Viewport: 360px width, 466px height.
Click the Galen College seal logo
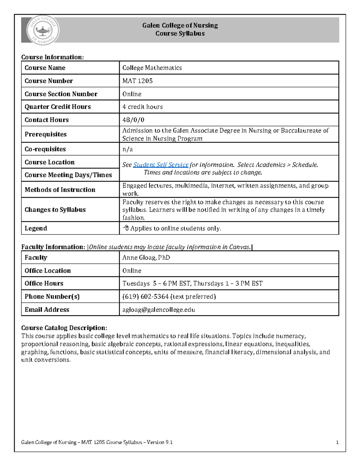click(43, 30)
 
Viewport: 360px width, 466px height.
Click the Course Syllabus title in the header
click(180, 34)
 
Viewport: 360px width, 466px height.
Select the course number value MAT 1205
click(137, 81)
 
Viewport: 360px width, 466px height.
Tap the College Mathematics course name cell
click(152, 68)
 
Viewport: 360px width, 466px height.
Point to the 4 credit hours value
click(142, 107)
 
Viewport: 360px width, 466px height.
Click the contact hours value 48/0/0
click(133, 120)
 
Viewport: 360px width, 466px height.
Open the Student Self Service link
click(161, 165)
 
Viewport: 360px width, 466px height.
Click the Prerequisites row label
click(46, 134)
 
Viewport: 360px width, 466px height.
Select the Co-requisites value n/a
click(127, 149)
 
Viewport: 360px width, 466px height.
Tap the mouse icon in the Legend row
click(126, 228)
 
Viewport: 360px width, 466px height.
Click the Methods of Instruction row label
click(60, 190)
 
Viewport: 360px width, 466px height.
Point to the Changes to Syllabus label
click(55, 210)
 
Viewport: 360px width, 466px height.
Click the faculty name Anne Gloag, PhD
click(146, 257)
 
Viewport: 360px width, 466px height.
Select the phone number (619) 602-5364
click(145, 296)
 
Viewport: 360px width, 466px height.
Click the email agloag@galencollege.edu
click(159, 310)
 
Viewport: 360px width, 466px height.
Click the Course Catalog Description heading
click(64, 328)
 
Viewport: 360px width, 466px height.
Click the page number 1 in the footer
click(337, 442)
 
